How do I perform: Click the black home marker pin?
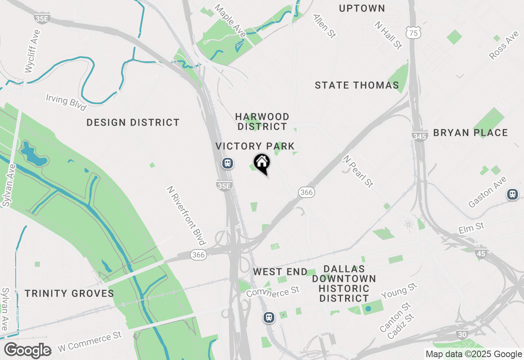coord(262,163)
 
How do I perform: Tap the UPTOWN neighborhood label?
coord(362,8)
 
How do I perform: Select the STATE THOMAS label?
coord(357,85)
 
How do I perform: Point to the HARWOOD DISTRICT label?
coord(262,122)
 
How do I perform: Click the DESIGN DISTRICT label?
coord(133,122)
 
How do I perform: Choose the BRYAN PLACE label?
coord(470,133)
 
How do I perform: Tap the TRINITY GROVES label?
coord(69,293)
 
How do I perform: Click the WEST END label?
coord(280,272)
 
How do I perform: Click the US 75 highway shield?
coord(414,33)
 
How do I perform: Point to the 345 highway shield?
coord(420,136)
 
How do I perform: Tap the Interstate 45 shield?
coord(481,254)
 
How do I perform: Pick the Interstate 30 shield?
coord(462,334)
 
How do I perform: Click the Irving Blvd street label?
coord(66,102)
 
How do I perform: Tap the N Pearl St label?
coord(358,171)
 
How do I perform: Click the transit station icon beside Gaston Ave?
coord(512,194)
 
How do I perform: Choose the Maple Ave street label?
coord(230,21)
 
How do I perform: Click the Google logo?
coord(27,350)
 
